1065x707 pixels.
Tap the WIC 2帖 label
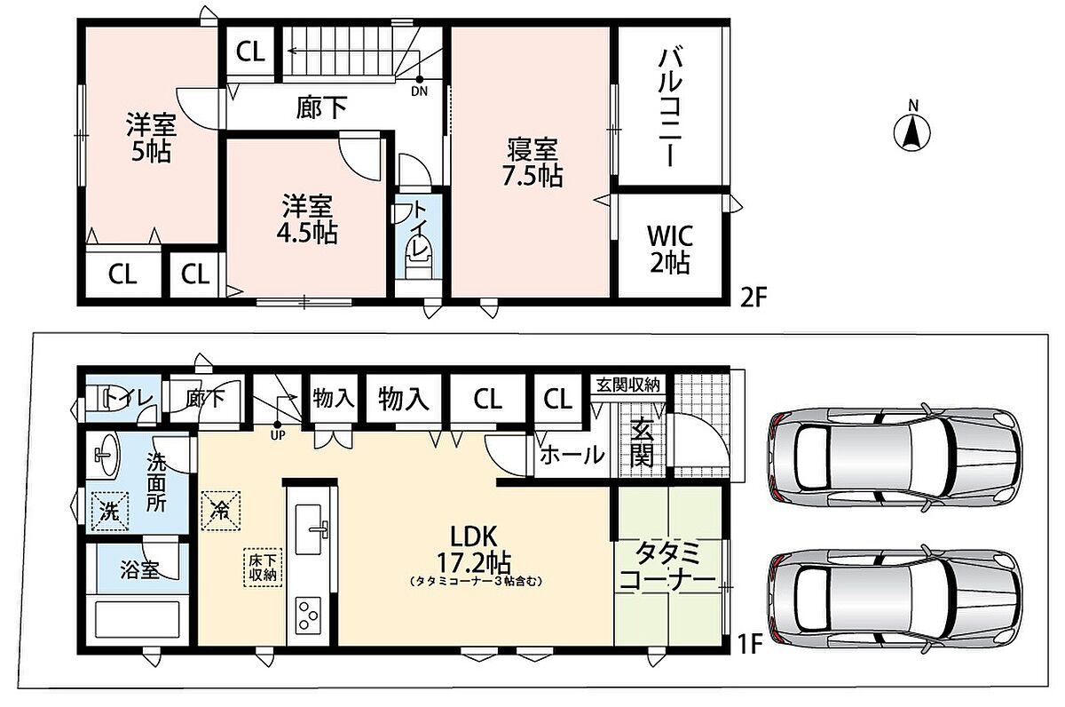click(x=670, y=249)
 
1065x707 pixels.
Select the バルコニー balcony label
click(x=670, y=108)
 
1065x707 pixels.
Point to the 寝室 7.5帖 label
click(x=532, y=163)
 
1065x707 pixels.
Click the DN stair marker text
click(x=419, y=91)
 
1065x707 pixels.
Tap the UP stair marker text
click(x=277, y=435)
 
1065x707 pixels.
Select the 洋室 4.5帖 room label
click(x=307, y=219)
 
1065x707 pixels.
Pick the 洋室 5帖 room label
click(x=151, y=138)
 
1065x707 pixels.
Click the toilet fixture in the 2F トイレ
click(x=419, y=259)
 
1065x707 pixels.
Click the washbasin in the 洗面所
click(x=105, y=456)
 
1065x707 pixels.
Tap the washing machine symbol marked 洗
click(x=110, y=511)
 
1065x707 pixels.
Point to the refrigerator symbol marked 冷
click(x=221, y=511)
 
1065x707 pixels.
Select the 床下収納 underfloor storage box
click(x=263, y=568)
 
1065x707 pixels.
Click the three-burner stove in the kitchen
click(x=308, y=615)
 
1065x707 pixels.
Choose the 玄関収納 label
click(x=628, y=385)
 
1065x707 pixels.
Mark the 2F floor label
click(x=753, y=298)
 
